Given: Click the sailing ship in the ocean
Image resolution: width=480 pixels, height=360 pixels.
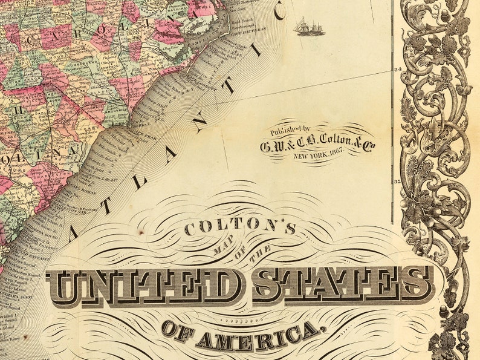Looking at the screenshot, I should (x=309, y=27).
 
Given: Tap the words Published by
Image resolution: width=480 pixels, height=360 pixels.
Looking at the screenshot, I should (x=290, y=129).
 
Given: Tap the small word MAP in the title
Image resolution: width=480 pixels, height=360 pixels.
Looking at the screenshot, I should (x=219, y=247).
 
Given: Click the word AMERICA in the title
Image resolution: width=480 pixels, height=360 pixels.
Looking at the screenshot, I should (x=258, y=337).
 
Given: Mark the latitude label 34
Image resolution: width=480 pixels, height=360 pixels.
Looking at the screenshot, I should (x=398, y=70).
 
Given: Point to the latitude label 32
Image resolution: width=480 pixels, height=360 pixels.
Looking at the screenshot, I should (x=398, y=181).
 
